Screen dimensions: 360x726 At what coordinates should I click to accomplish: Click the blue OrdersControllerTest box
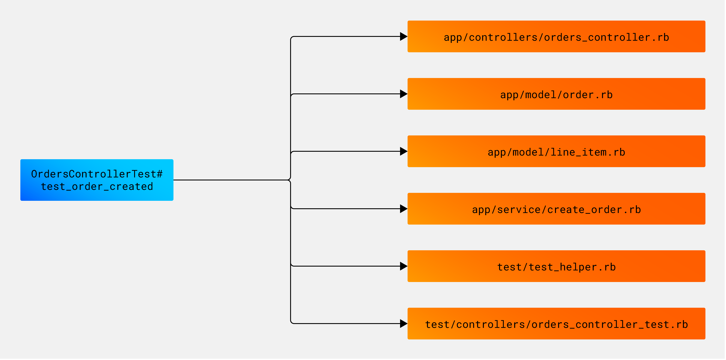click(x=97, y=180)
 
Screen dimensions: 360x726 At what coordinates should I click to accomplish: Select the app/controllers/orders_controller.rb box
click(x=556, y=36)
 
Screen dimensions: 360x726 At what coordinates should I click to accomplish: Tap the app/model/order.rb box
click(x=556, y=94)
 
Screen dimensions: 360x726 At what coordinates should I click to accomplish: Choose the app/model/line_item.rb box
click(x=556, y=151)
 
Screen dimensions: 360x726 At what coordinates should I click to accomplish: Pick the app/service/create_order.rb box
click(x=556, y=209)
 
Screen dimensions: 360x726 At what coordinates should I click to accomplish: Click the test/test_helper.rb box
click(x=556, y=266)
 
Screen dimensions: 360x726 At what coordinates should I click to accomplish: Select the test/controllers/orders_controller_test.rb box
click(x=556, y=324)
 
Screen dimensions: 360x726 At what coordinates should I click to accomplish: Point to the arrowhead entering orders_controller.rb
click(x=403, y=36)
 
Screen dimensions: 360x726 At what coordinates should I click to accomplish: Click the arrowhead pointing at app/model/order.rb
click(x=403, y=94)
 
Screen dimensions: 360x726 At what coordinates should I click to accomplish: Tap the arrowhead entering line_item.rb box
click(x=403, y=151)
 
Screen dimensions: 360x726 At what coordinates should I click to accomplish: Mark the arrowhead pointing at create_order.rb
click(x=403, y=209)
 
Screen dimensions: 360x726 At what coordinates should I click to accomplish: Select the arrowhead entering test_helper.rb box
click(x=403, y=266)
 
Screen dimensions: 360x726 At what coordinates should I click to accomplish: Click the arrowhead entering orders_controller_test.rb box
click(x=403, y=324)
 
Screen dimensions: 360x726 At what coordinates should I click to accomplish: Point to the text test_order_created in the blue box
click(x=97, y=187)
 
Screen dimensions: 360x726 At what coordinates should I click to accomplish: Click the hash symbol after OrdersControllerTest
click(x=159, y=174)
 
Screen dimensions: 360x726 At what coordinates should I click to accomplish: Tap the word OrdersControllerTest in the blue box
click(x=94, y=174)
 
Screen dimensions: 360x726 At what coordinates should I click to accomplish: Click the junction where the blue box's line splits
click(x=290, y=180)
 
